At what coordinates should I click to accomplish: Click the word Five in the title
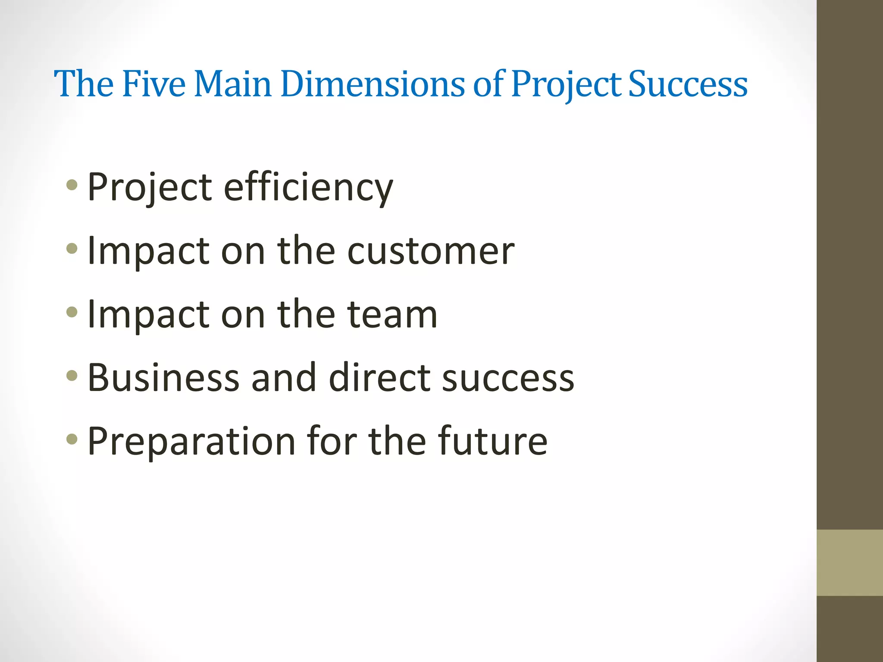pos(153,84)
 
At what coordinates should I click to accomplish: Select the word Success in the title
pos(688,84)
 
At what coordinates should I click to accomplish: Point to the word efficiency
pos(308,188)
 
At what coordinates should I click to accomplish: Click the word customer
pos(431,251)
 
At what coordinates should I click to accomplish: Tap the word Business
pos(163,378)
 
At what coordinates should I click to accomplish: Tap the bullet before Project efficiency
pos(72,186)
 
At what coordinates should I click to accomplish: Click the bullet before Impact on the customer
pos(72,249)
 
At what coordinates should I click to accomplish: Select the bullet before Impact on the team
pos(72,312)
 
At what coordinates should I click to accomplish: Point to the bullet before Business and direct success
pos(72,375)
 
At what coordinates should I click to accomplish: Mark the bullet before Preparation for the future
pos(72,439)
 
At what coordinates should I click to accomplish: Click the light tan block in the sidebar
pos(849,562)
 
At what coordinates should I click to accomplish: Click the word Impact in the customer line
pos(148,252)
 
